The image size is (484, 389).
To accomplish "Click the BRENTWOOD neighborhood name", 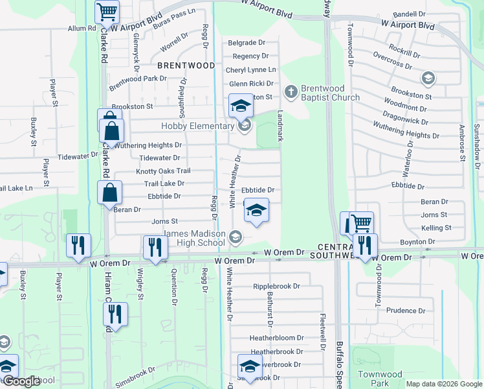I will tap(186, 65).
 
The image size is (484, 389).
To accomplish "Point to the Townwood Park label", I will tap(381, 379).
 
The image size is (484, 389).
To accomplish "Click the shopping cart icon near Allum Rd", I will tap(107, 12).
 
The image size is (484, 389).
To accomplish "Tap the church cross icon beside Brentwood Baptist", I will tap(291, 91).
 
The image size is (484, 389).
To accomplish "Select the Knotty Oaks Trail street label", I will tap(162, 171).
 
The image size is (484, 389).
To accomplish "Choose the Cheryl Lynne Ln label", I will tap(250, 70).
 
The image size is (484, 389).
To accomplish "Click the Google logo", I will tap(21, 382).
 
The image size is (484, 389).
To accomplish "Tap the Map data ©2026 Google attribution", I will tap(443, 384).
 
